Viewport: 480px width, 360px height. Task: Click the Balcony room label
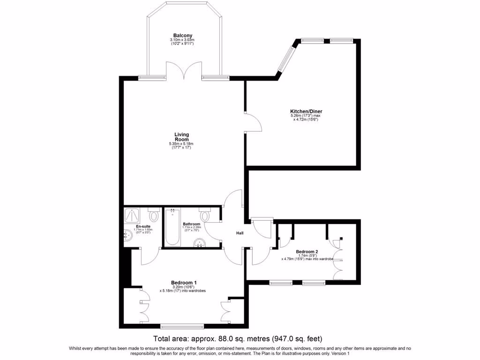(x=183, y=36)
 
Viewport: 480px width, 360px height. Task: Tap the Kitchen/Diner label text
(x=306, y=111)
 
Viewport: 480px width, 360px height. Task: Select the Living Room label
(x=181, y=137)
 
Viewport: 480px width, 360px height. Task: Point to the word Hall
(x=240, y=232)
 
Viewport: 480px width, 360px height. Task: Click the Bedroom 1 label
(x=183, y=283)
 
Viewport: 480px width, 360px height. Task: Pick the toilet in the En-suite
(x=154, y=216)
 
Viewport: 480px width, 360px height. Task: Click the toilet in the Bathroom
(x=204, y=216)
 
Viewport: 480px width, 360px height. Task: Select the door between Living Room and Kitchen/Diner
(x=253, y=122)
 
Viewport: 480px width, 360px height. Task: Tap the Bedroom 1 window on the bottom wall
(x=182, y=326)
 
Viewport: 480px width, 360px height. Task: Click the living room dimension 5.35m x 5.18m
(x=181, y=144)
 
